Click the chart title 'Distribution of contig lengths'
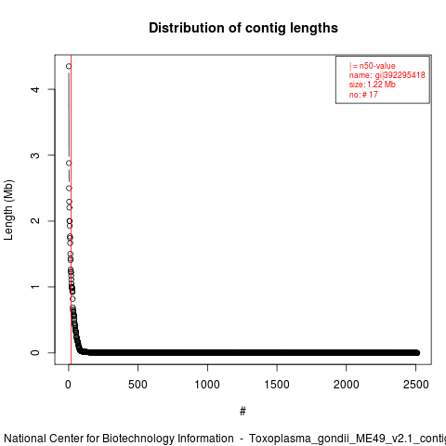coord(243,28)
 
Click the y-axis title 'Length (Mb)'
coord(8,210)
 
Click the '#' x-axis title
coord(243,411)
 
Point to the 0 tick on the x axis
coord(68,385)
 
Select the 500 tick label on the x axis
coord(138,385)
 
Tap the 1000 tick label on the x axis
coord(207,385)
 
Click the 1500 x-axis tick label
coord(277,385)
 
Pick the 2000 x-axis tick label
coord(346,385)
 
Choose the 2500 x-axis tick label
coord(415,385)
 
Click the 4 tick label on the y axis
coord(35,89)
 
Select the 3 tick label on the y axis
coord(35,155)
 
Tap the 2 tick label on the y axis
coord(35,221)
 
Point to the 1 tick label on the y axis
coord(35,287)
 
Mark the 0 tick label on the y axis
coord(35,352)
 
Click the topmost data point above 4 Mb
coord(69,66)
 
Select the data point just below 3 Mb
coord(69,164)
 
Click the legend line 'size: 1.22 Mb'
coord(373,85)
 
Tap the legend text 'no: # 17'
coord(363,95)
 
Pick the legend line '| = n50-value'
coord(373,66)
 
